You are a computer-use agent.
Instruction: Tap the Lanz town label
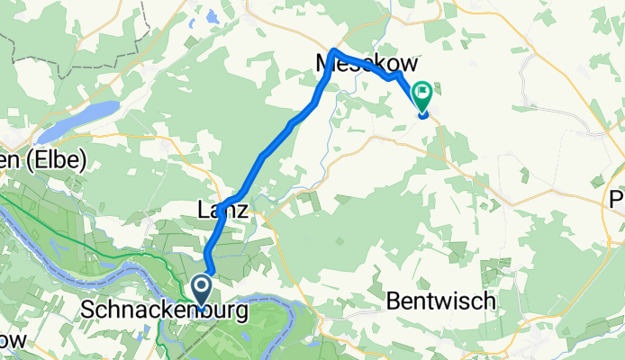[222, 209]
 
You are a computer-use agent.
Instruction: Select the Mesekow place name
[367, 65]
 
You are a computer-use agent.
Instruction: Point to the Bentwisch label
[442, 301]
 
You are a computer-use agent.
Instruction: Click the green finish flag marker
[422, 94]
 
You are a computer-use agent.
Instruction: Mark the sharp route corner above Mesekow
[334, 50]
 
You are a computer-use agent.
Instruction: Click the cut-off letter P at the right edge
[618, 199]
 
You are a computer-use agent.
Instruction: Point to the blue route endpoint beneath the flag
[423, 112]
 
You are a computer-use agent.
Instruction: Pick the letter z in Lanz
[241, 209]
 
